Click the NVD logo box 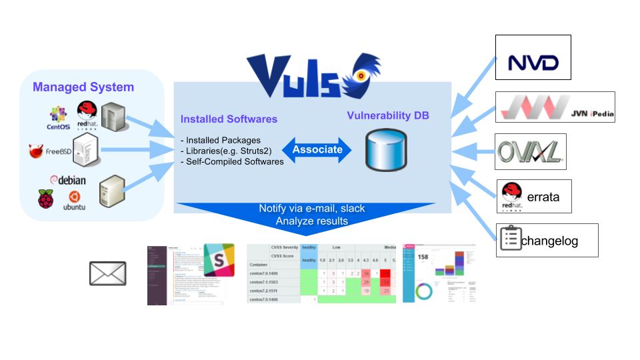(x=533, y=63)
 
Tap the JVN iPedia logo (x=555, y=107)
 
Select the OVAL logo (x=531, y=152)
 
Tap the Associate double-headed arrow (x=317, y=149)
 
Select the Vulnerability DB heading (x=388, y=115)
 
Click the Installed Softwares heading (x=229, y=119)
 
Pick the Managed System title (x=83, y=87)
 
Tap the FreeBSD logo (x=50, y=151)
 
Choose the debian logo (x=68, y=180)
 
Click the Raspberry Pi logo (x=45, y=198)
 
